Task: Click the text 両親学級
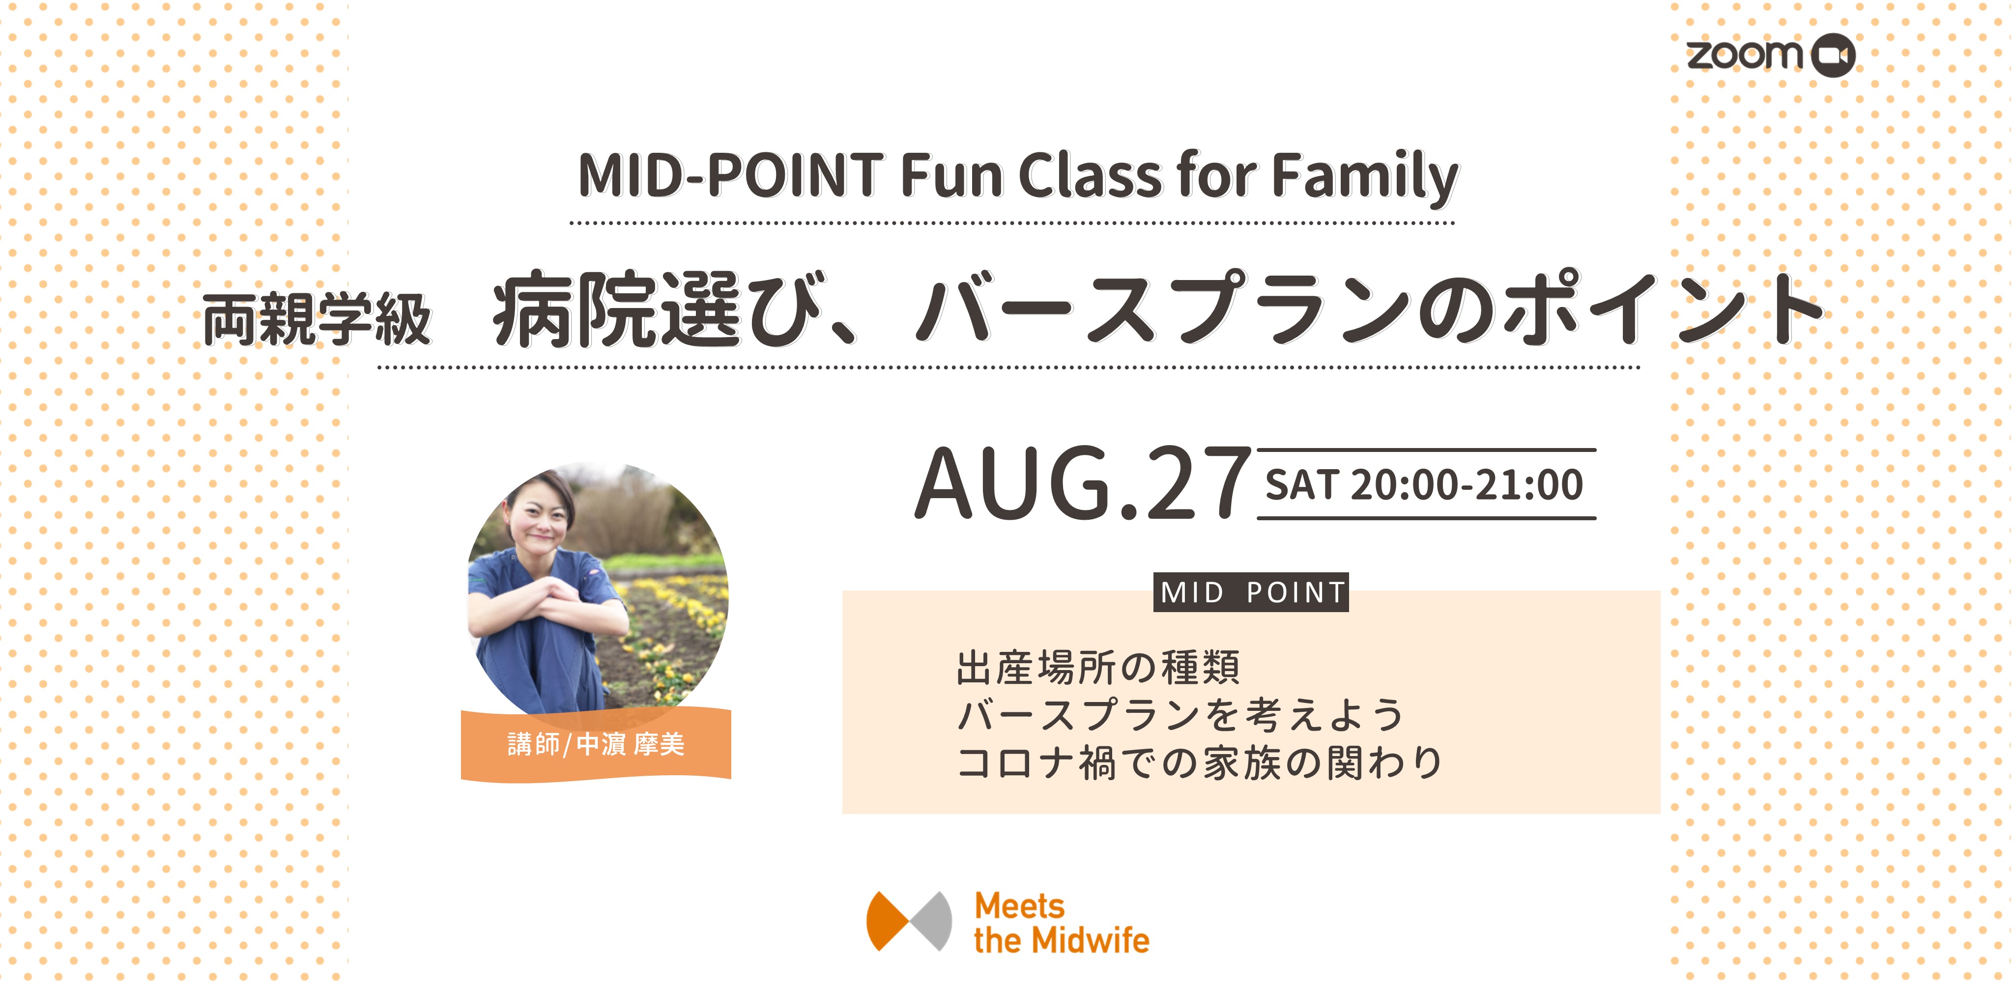(x=317, y=319)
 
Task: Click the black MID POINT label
(x=1252, y=592)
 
